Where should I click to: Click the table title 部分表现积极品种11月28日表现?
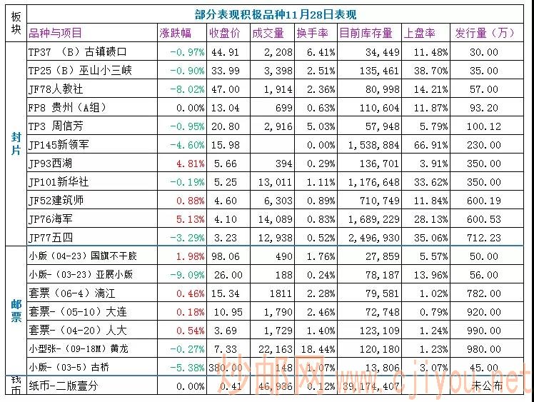pyautogui.click(x=276, y=14)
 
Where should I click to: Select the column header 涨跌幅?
pyautogui.click(x=175, y=33)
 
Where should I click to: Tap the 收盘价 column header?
pyautogui.click(x=224, y=33)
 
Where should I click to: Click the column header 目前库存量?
pyautogui.click(x=366, y=33)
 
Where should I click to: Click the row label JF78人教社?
pyautogui.click(x=56, y=89)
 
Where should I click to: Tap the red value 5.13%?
pyautogui.click(x=190, y=218)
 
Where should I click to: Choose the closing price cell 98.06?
pyautogui.click(x=225, y=256)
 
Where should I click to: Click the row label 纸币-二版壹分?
pyautogui.click(x=63, y=386)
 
